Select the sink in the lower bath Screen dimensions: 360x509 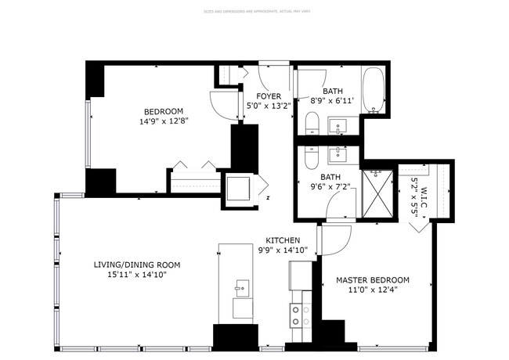tap(340, 152)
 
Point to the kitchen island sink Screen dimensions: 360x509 tap(242, 287)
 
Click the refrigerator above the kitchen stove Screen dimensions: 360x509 tap(301, 275)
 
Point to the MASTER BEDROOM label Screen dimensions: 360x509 tap(372, 279)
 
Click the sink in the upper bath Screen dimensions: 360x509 tap(340, 125)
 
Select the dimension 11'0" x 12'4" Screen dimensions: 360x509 tap(372, 290)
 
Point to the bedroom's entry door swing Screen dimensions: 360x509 tap(222, 105)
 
